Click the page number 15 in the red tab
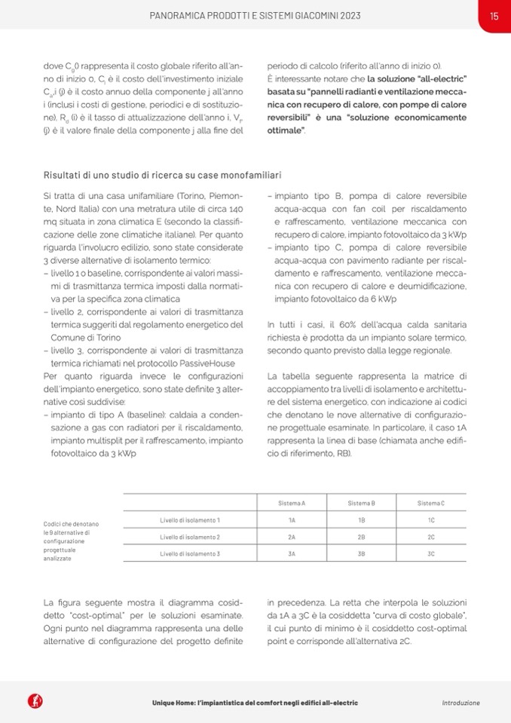coord(494,15)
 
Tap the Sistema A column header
coord(292,503)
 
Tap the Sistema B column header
coord(362,503)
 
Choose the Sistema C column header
coord(431,503)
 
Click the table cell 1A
coord(292,520)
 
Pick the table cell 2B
coord(362,537)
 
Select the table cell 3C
coord(431,553)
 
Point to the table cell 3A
coord(292,553)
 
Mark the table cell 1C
coord(431,520)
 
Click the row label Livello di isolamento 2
coord(190,537)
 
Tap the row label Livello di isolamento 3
coord(190,553)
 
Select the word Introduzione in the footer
coord(461,703)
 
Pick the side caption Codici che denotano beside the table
coord(72,524)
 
